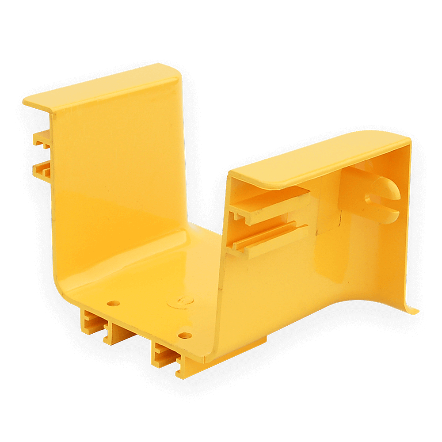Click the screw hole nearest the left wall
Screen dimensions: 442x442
pyautogui.click(x=114, y=304)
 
